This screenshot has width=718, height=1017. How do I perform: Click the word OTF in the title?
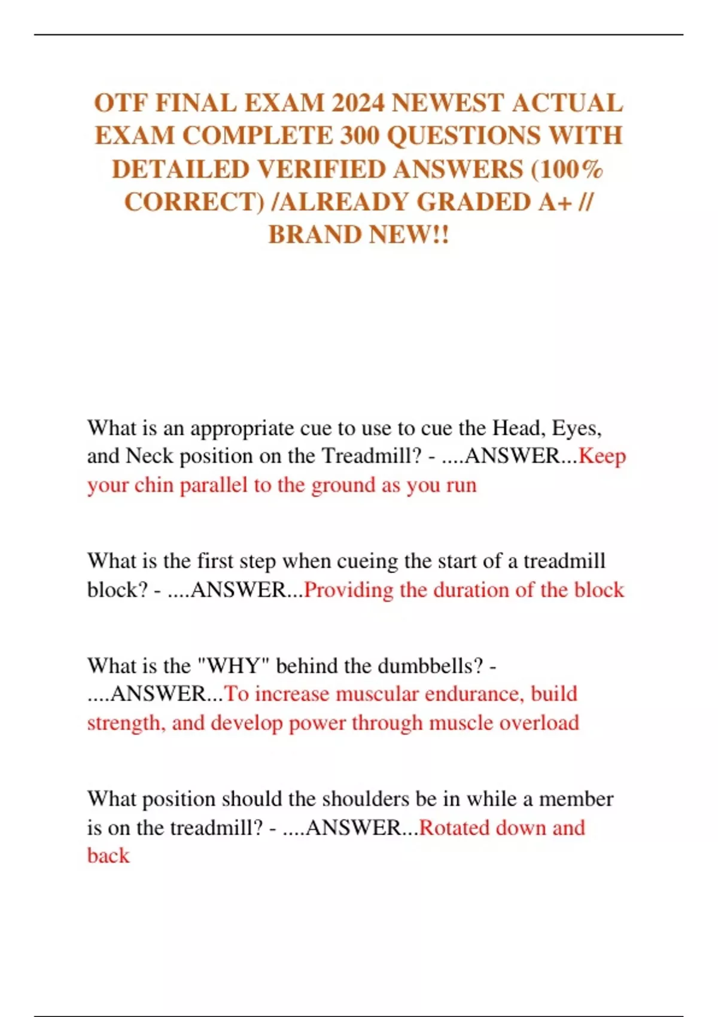click(120, 103)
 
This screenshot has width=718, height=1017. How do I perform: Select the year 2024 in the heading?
click(357, 103)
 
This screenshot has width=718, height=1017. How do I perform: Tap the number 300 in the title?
click(361, 136)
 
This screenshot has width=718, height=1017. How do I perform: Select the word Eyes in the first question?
click(576, 428)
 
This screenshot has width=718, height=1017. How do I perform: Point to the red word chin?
click(154, 485)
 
